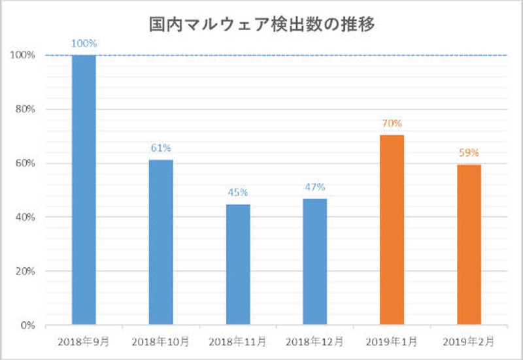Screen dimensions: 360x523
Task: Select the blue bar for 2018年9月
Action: (84, 189)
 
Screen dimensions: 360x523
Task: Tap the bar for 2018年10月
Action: (161, 242)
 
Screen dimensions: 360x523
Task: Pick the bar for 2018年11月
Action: (238, 264)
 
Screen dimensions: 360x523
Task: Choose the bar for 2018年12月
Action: (315, 261)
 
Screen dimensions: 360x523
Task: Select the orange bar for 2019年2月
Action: (469, 244)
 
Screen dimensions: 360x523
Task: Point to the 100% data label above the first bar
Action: (84, 44)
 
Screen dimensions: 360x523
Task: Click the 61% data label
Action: (161, 148)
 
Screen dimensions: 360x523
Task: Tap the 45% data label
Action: (238, 193)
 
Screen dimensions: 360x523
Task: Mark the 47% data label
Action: (315, 188)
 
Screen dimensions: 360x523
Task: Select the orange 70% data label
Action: (392, 123)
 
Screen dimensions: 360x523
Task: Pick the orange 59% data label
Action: (469, 154)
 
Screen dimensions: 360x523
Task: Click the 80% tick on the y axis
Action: (25, 109)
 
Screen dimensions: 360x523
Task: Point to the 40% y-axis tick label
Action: (25, 217)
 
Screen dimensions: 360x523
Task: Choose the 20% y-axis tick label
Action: (25, 271)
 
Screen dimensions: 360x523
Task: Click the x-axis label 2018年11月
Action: (238, 342)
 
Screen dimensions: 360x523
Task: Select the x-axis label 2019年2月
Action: (469, 342)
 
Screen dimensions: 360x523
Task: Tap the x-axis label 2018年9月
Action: (84, 342)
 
